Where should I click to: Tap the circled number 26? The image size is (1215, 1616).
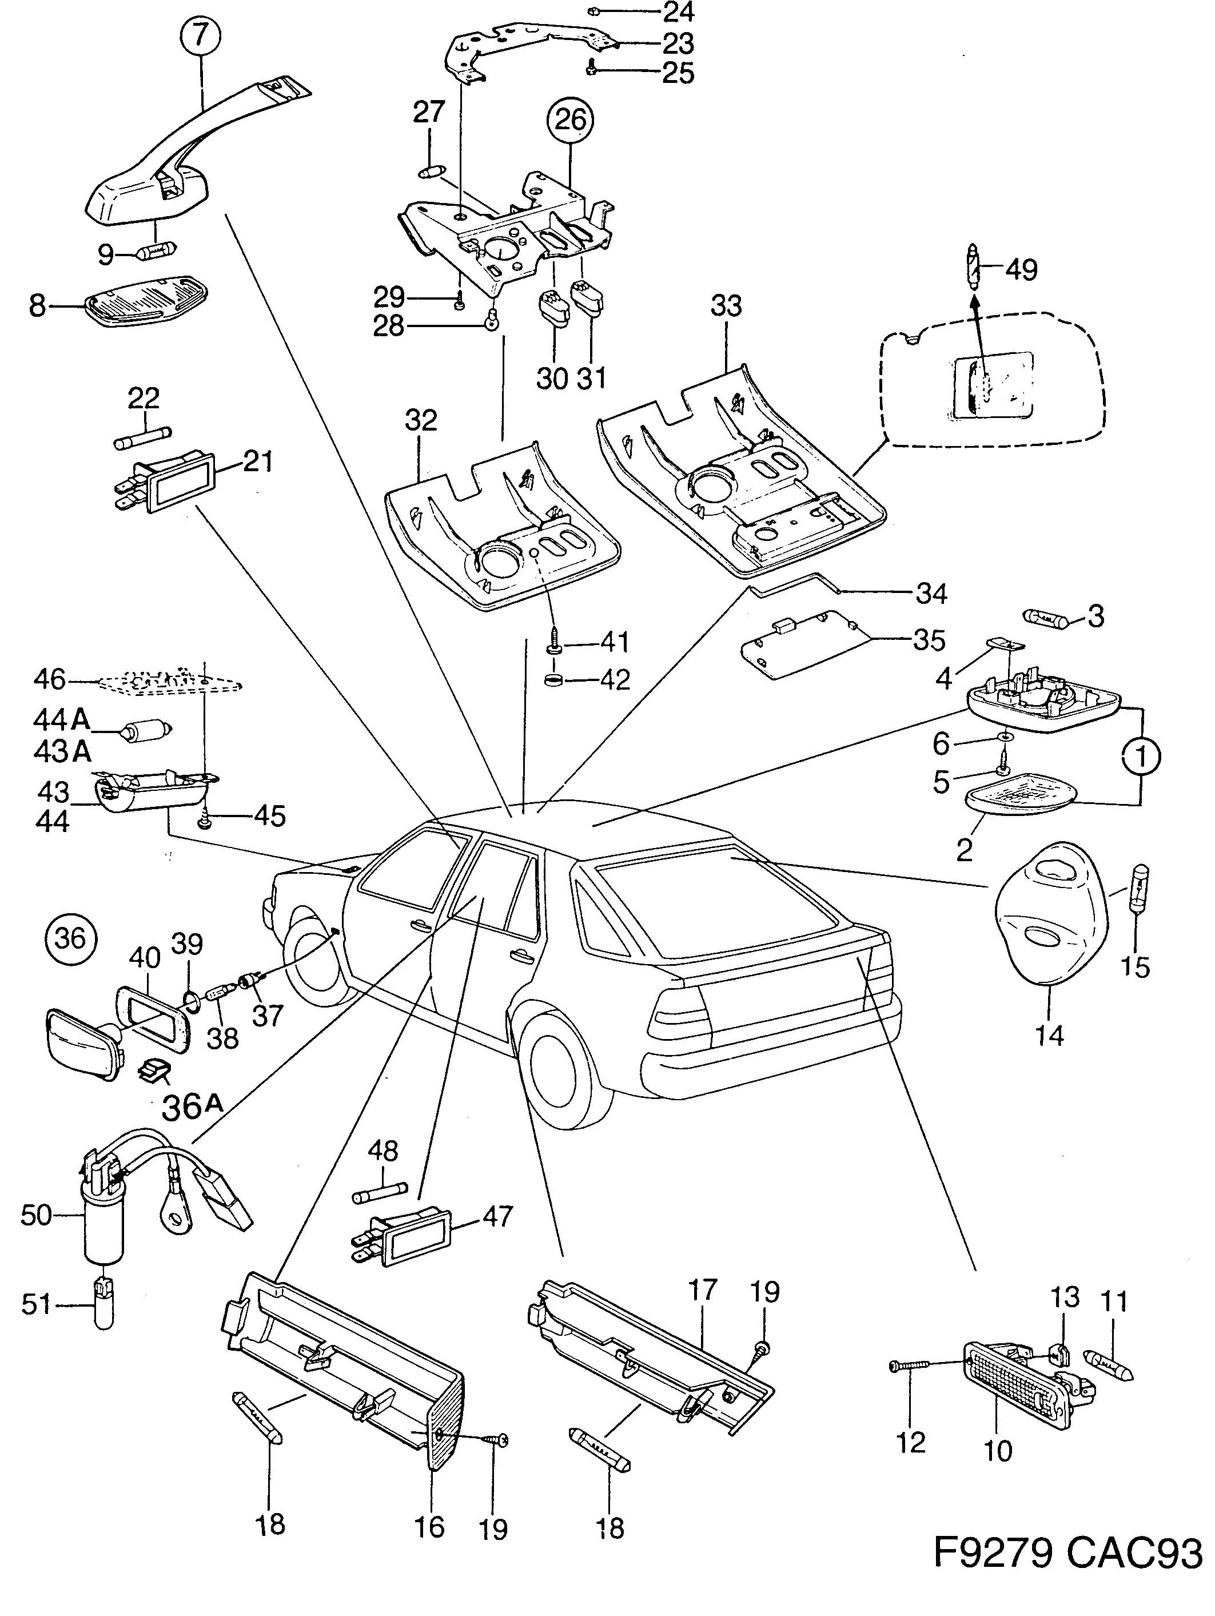point(571,119)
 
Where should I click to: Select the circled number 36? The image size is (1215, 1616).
point(70,937)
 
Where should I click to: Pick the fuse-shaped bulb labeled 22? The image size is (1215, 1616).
point(143,437)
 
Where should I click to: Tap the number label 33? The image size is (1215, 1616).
point(726,305)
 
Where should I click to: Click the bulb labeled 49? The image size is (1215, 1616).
point(974,268)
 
